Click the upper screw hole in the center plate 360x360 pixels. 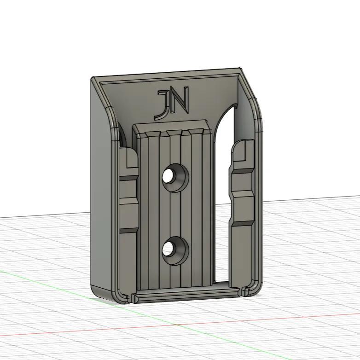point(172,177)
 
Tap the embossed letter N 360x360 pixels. point(180,100)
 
